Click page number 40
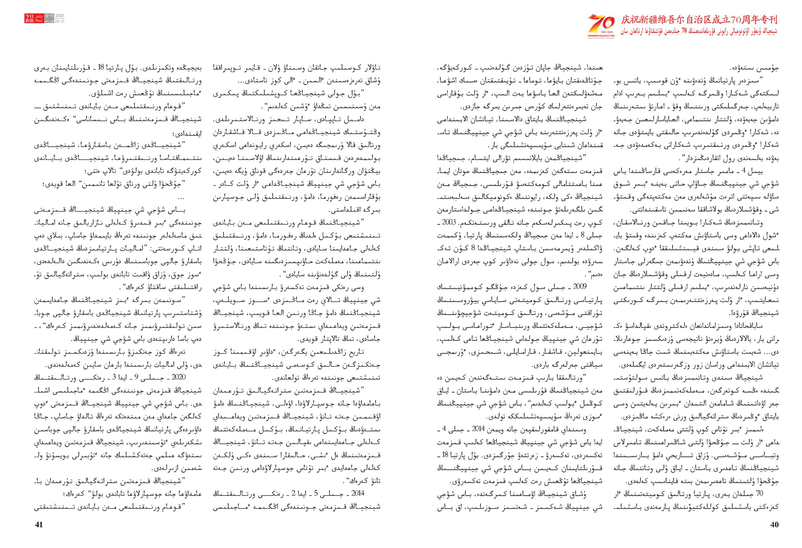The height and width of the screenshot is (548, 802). tap(774, 525)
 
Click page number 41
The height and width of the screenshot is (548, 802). tap(39, 525)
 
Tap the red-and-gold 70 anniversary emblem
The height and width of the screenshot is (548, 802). tap(601, 23)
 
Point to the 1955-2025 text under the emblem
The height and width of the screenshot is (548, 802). tap(601, 32)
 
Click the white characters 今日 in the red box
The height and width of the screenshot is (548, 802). tap(29, 16)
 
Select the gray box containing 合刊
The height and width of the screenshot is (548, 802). tap(49, 16)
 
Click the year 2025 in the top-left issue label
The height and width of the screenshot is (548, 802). tap(60, 16)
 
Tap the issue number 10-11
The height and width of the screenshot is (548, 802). tap(60, 21)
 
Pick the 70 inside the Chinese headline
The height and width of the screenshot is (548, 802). tap(728, 20)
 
